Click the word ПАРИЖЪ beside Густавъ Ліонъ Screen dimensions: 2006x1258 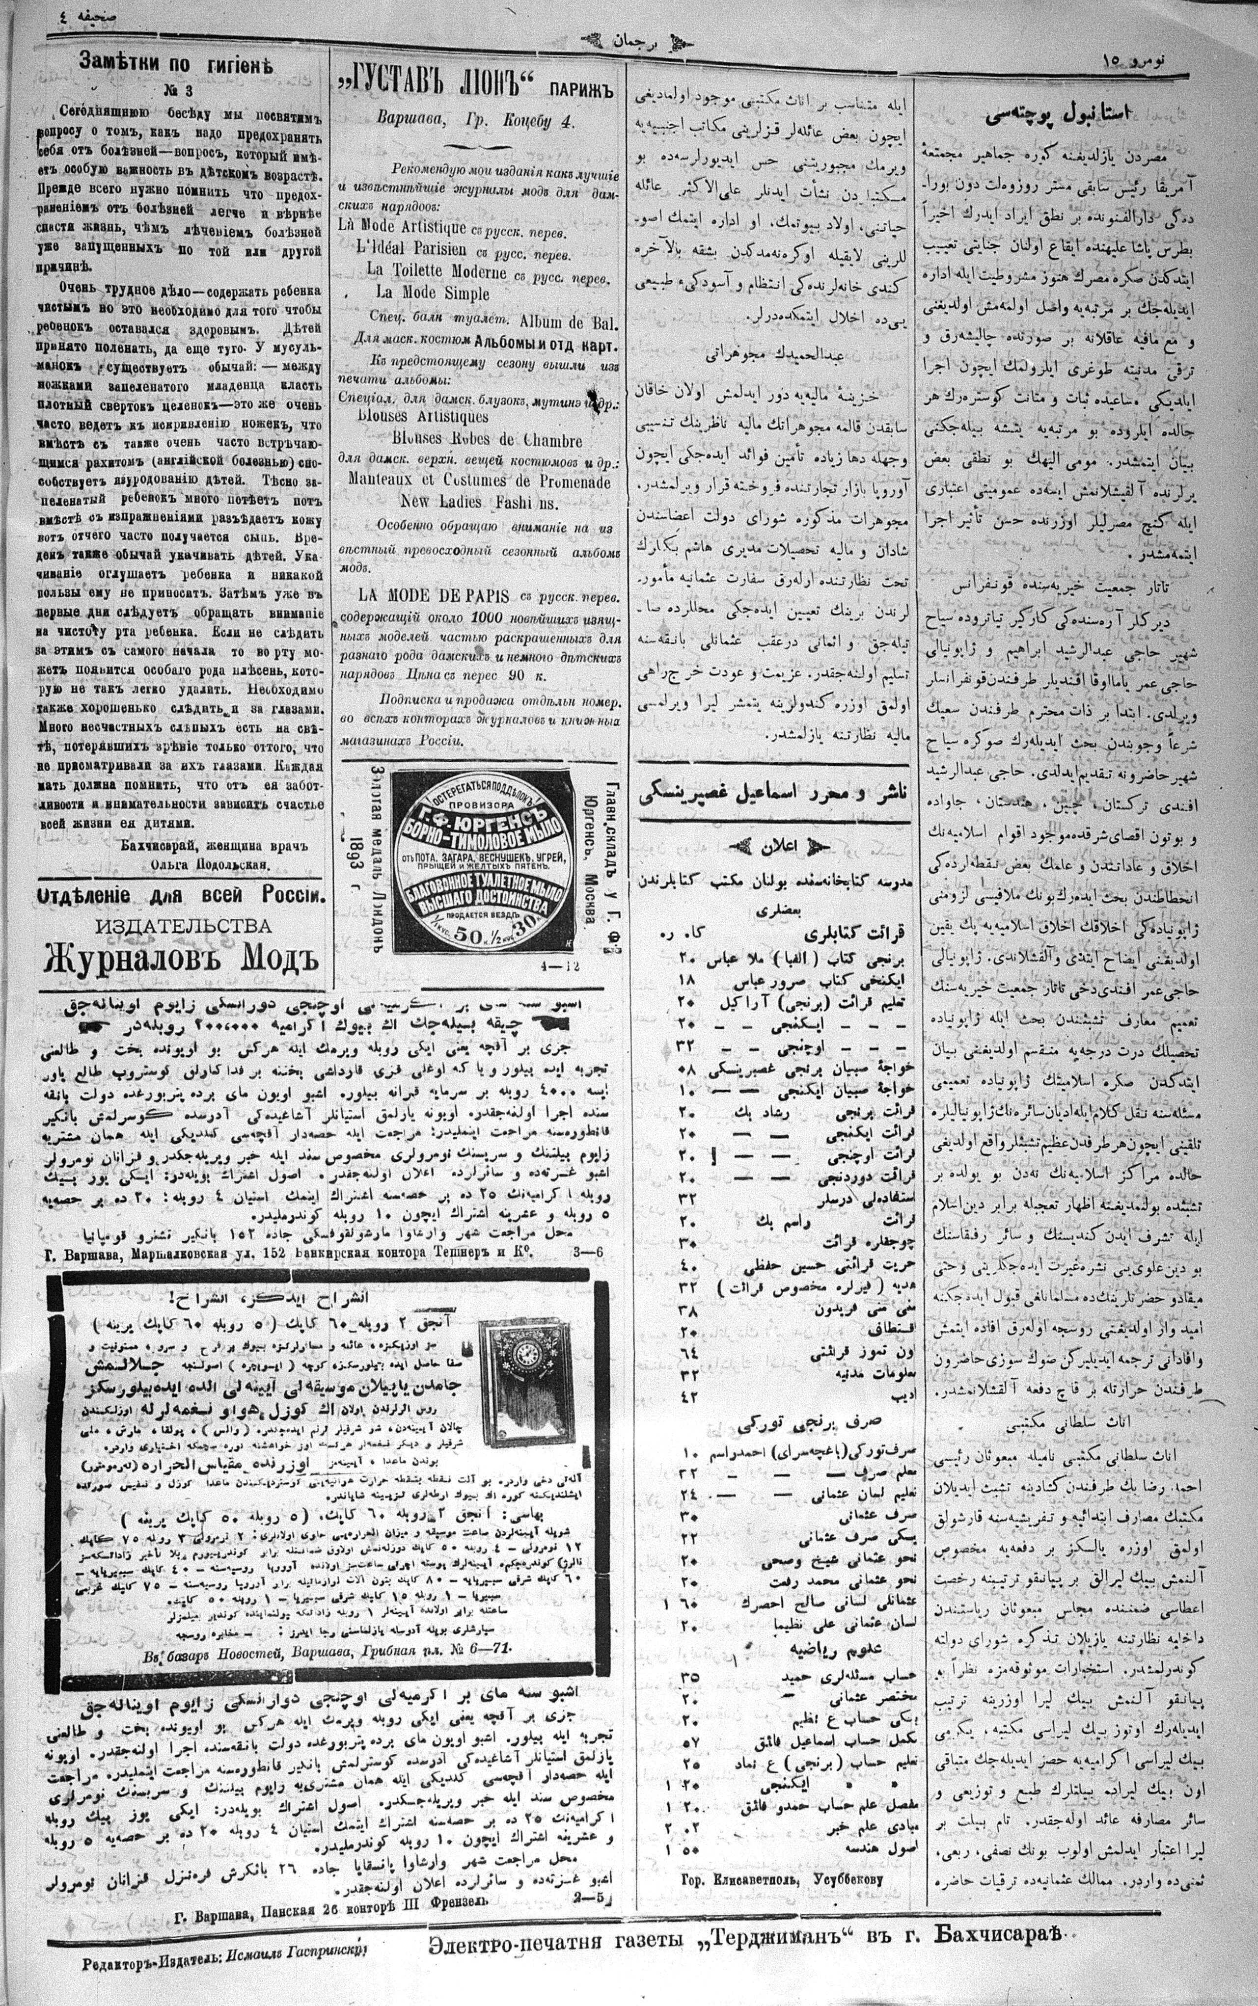[x=581, y=86]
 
